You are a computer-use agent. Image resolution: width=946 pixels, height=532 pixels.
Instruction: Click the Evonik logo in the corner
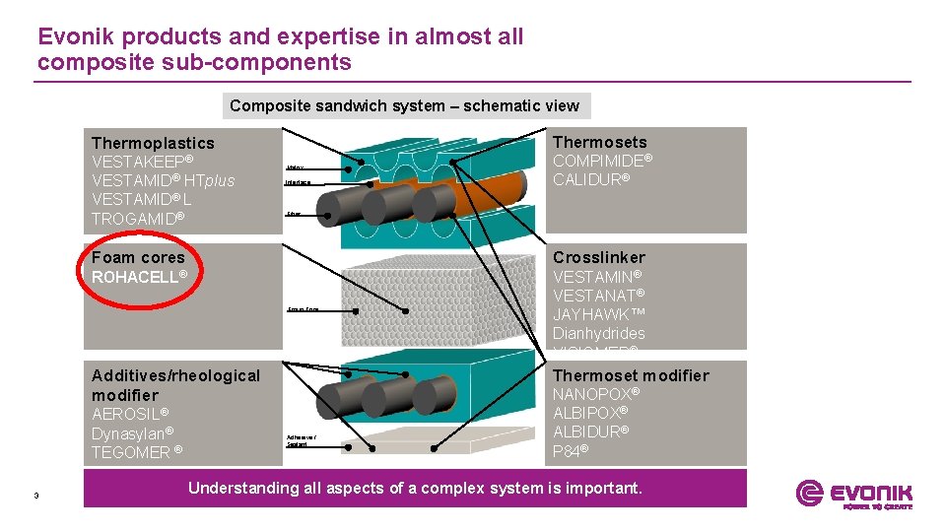point(854,494)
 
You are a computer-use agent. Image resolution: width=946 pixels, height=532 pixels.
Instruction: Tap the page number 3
point(35,495)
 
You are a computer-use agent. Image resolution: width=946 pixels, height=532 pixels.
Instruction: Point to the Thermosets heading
point(600,142)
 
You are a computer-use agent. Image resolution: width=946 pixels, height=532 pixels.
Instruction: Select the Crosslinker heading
point(599,257)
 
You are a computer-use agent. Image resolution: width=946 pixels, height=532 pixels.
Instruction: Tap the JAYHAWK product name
point(591,314)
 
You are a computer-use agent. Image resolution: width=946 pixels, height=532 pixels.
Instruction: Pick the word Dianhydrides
point(599,333)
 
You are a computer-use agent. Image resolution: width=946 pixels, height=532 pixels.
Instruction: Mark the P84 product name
point(571,450)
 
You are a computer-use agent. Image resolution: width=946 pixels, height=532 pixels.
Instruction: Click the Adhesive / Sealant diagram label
point(300,439)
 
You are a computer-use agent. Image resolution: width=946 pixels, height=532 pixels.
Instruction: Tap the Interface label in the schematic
point(297,183)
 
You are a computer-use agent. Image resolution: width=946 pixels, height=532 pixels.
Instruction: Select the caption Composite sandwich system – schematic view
point(405,105)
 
